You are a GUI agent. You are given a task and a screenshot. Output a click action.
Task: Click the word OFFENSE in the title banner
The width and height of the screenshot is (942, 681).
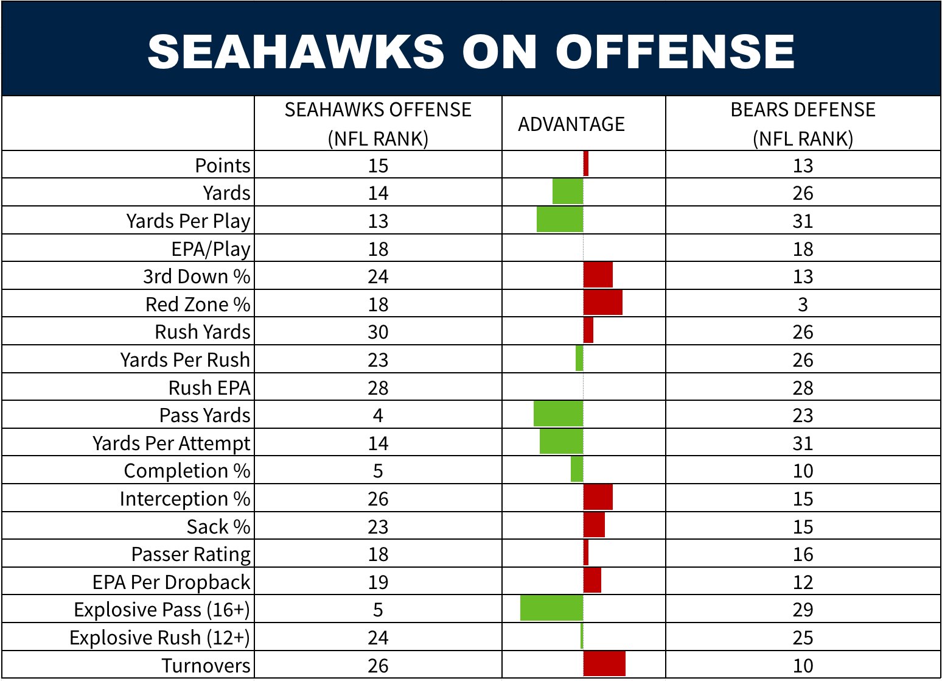675,51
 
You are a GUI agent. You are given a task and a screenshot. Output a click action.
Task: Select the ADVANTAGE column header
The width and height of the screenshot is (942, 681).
571,124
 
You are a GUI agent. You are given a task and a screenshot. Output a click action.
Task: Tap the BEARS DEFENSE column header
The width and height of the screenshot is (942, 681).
803,124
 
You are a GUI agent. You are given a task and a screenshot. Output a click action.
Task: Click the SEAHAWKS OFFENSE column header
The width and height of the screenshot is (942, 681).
378,124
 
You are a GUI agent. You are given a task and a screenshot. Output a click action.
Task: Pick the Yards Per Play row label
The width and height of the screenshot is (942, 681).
188,221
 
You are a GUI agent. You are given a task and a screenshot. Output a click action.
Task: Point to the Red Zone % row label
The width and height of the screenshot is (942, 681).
198,305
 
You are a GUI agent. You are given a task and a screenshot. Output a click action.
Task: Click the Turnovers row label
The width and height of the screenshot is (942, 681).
206,666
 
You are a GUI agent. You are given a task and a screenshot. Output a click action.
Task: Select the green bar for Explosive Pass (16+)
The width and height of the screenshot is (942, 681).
551,608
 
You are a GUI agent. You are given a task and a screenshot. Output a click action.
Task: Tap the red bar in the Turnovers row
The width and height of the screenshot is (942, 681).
604,663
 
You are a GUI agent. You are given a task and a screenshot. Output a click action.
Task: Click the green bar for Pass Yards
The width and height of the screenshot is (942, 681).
558,414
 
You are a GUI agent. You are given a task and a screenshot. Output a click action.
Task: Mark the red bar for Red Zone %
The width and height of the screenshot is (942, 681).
603,303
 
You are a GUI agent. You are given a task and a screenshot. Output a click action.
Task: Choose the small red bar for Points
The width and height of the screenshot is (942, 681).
586,164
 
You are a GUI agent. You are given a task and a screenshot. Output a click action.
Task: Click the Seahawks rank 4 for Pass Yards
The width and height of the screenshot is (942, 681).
378,416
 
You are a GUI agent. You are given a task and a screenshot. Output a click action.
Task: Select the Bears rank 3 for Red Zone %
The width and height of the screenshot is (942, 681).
803,305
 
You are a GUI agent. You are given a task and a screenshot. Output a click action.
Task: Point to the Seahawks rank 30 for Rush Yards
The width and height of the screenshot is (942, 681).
378,333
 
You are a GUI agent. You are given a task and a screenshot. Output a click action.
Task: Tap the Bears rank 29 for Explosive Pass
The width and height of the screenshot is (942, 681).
803,610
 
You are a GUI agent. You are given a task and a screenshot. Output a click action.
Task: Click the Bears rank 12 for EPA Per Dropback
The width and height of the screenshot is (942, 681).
803,583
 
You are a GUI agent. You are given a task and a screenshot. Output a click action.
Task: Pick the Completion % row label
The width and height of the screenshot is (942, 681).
187,471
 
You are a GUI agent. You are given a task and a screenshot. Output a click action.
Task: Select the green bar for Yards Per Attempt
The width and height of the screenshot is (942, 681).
561,442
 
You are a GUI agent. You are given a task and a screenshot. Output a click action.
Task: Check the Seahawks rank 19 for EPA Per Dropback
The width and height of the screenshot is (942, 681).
378,583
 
